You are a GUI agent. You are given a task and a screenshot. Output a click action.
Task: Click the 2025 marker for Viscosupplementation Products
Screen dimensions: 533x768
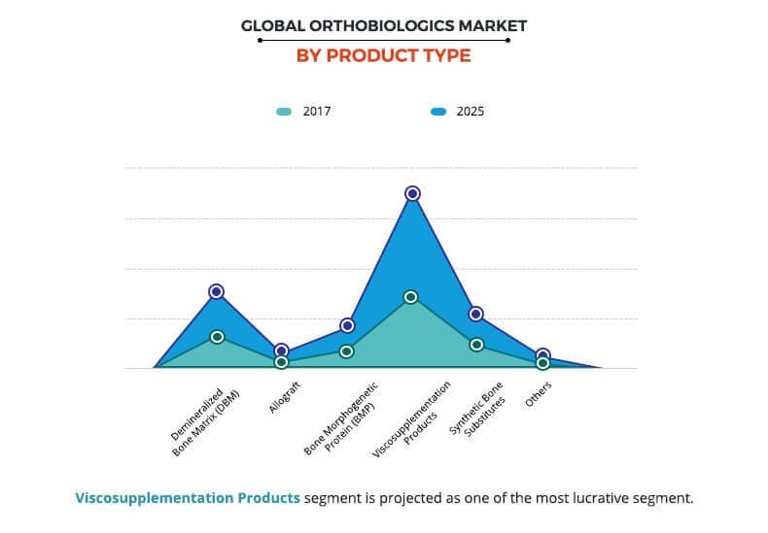412,194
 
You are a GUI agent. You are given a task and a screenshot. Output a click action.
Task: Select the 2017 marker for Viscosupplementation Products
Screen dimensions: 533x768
411,297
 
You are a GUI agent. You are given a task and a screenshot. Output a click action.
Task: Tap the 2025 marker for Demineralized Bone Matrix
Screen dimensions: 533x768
217,291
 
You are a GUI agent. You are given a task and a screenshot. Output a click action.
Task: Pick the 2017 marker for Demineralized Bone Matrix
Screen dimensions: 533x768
217,337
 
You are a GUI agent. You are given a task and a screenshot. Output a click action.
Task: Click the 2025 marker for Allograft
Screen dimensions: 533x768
282,350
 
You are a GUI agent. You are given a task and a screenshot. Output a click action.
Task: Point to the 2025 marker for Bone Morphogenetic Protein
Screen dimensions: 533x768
347,325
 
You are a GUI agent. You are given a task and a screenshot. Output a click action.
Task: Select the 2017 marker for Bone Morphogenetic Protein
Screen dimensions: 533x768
346,351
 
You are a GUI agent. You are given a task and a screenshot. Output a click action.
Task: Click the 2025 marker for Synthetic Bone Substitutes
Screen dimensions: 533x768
476,314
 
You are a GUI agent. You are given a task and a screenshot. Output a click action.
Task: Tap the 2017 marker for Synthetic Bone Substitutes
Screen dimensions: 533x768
476,345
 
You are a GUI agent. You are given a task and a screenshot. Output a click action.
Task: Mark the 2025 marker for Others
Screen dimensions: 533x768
542,355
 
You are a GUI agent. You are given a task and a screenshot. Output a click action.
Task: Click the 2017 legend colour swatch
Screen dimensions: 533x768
284,112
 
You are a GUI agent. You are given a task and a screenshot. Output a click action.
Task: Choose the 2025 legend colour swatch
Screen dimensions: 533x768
437,112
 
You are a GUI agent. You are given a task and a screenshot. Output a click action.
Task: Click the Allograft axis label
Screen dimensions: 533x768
283,396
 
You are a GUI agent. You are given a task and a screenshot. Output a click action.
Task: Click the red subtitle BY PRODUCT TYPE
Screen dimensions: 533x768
384,55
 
